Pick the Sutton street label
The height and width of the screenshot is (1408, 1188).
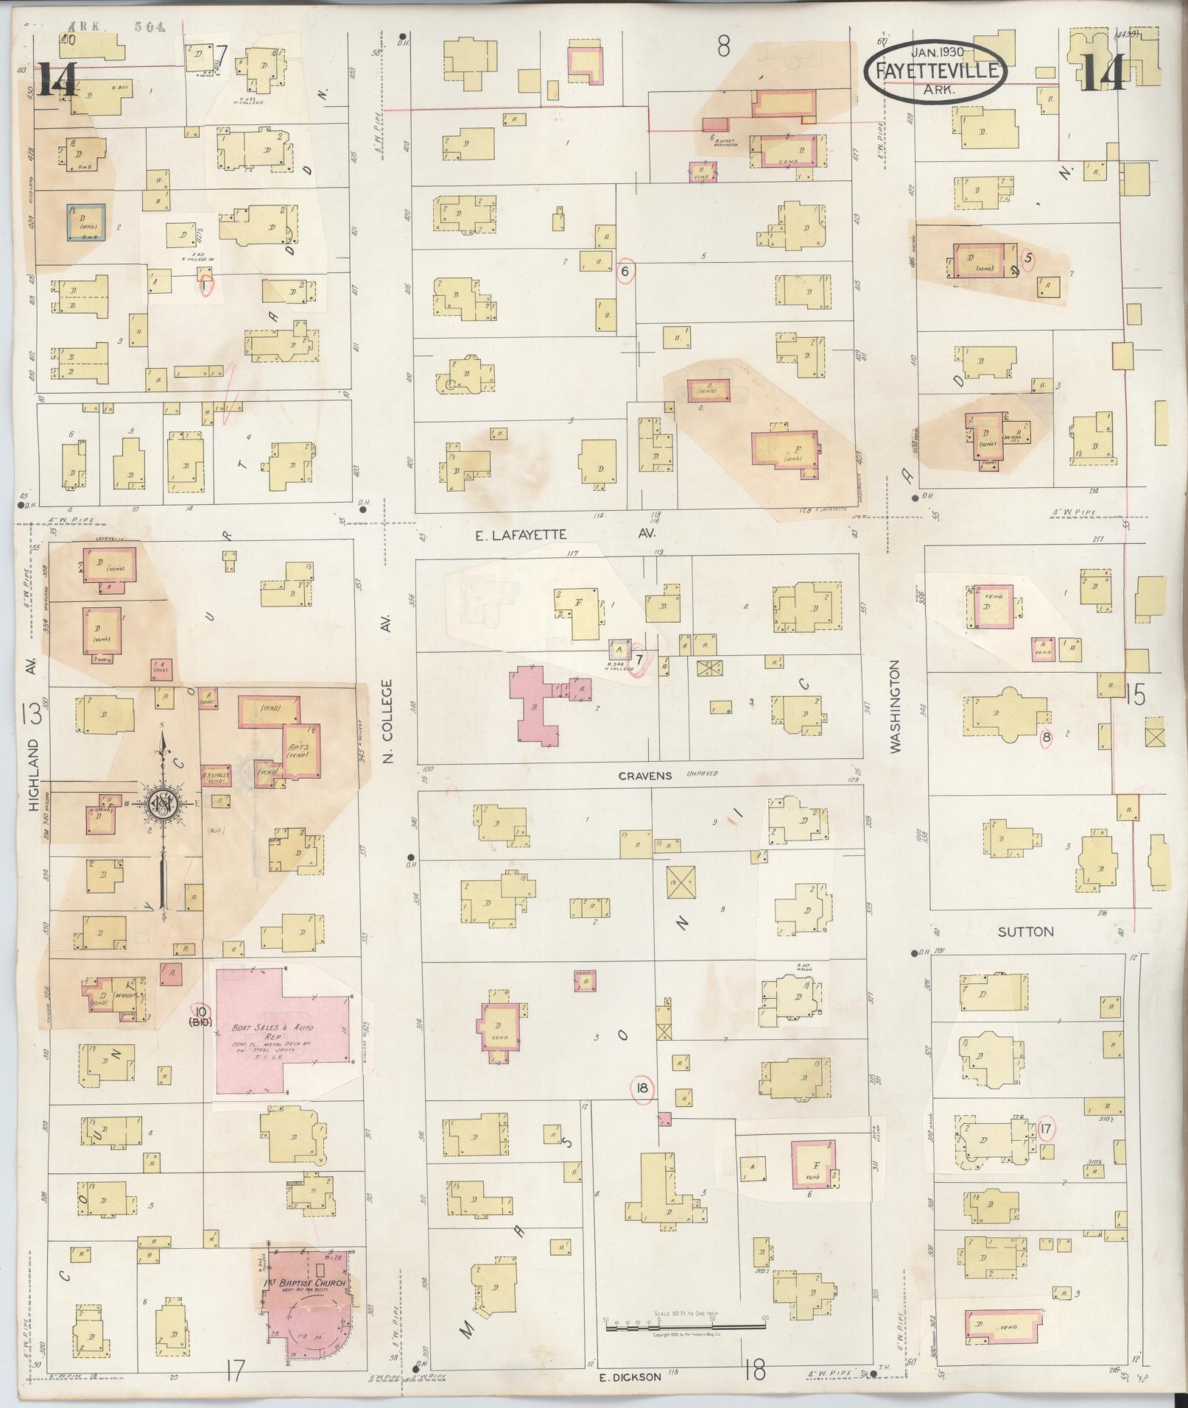click(1025, 932)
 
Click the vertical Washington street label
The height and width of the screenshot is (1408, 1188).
click(896, 706)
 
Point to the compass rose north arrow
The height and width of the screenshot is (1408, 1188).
click(161, 802)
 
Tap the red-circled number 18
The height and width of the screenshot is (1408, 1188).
click(642, 1090)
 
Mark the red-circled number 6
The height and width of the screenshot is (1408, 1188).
click(626, 272)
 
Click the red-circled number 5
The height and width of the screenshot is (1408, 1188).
click(1030, 258)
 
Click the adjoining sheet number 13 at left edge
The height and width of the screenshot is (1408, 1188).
click(32, 713)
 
